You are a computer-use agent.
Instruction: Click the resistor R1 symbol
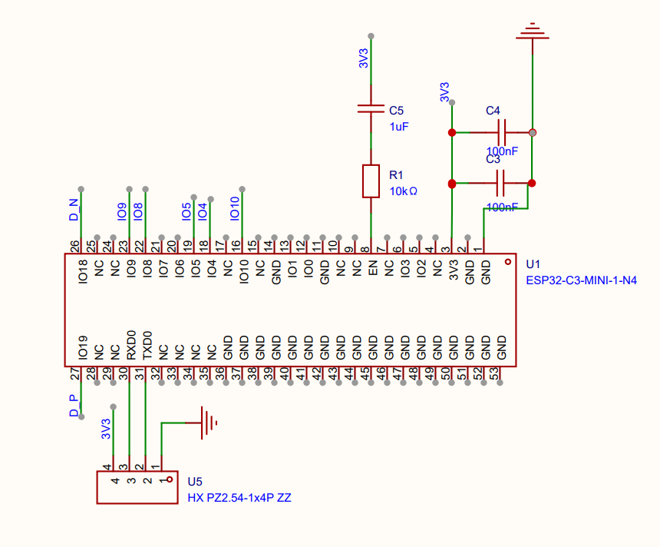(371, 181)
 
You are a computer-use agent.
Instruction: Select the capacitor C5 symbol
(371, 109)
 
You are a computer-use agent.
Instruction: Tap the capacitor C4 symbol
(502, 132)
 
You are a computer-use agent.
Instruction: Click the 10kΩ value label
(404, 191)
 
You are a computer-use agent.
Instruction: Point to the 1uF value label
(399, 127)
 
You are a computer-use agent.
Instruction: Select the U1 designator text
(533, 264)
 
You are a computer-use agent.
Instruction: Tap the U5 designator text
(195, 482)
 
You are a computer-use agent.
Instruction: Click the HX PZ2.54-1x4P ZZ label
(239, 498)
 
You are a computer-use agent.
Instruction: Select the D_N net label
(74, 210)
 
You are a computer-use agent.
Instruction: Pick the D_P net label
(74, 406)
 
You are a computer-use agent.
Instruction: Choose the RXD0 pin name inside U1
(131, 346)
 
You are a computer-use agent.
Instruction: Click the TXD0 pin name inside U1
(147, 346)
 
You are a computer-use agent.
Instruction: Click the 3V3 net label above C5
(364, 58)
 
